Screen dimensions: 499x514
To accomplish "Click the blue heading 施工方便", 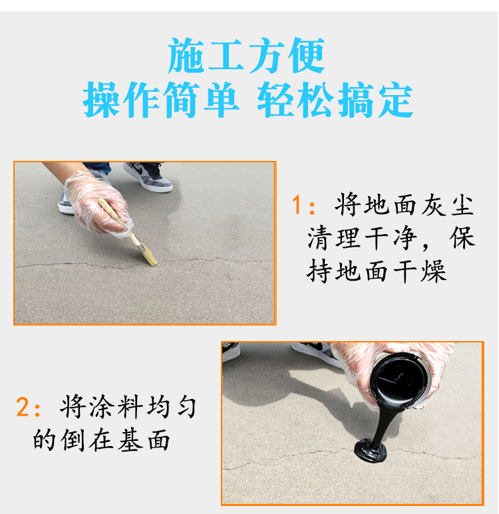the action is [x=246, y=55].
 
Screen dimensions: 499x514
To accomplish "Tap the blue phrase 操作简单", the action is [x=160, y=100].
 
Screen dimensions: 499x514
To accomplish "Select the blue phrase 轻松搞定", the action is [x=335, y=100].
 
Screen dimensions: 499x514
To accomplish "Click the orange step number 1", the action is [x=297, y=205].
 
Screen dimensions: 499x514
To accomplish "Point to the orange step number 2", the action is [x=23, y=407].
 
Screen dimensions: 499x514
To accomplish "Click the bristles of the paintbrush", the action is [x=148, y=255].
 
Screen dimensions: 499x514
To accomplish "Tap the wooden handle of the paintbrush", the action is [x=119, y=221].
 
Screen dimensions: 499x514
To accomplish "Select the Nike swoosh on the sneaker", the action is [x=140, y=170].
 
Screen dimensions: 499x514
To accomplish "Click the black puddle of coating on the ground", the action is [x=371, y=451].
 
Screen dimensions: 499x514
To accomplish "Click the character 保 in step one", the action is [x=462, y=237].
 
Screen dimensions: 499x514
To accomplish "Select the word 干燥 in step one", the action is [x=420, y=271].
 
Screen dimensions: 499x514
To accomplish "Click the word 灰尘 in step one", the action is [x=447, y=205].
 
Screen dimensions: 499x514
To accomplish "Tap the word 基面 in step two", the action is [x=143, y=440].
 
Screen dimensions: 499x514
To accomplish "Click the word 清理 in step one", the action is [x=333, y=237].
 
